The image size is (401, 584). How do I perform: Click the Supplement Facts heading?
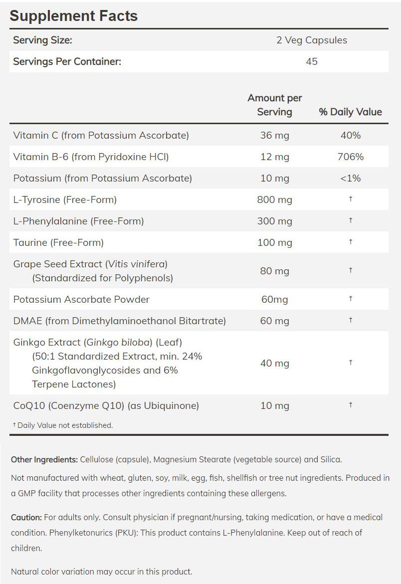click(73, 15)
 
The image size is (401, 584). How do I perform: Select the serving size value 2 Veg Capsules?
click(312, 40)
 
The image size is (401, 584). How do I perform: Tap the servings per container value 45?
click(312, 62)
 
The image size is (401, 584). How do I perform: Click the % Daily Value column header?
click(350, 112)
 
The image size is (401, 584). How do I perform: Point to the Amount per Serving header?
click(275, 105)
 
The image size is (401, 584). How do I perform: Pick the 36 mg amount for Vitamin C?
click(274, 135)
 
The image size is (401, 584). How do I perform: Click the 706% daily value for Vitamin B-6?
click(350, 157)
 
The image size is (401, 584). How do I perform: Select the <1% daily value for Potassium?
click(350, 178)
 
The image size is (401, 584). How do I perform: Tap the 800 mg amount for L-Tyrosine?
click(274, 199)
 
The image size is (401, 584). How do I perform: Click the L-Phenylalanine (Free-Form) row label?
click(78, 221)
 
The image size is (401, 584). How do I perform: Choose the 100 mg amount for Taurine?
click(274, 242)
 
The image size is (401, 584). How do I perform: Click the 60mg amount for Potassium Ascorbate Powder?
click(274, 299)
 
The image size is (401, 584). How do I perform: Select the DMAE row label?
click(119, 321)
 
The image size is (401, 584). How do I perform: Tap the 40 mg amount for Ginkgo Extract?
click(274, 363)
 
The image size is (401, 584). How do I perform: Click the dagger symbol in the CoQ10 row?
click(351, 404)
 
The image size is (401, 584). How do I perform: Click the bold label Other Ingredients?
click(44, 459)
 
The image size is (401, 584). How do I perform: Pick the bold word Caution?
click(27, 518)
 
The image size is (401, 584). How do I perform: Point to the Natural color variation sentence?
click(101, 572)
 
